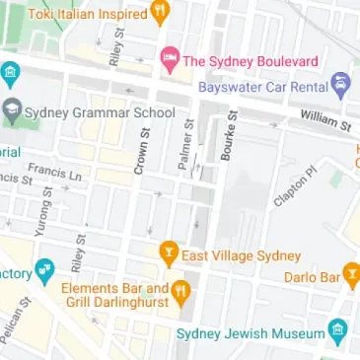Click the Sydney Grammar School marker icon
click(x=12, y=110)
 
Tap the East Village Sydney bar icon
click(x=168, y=254)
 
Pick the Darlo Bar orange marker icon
click(x=350, y=278)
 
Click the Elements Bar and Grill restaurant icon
click(x=181, y=292)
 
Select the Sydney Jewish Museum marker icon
click(x=340, y=333)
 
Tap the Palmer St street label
click(x=183, y=146)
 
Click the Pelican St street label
click(x=13, y=325)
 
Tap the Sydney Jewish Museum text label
click(x=252, y=334)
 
